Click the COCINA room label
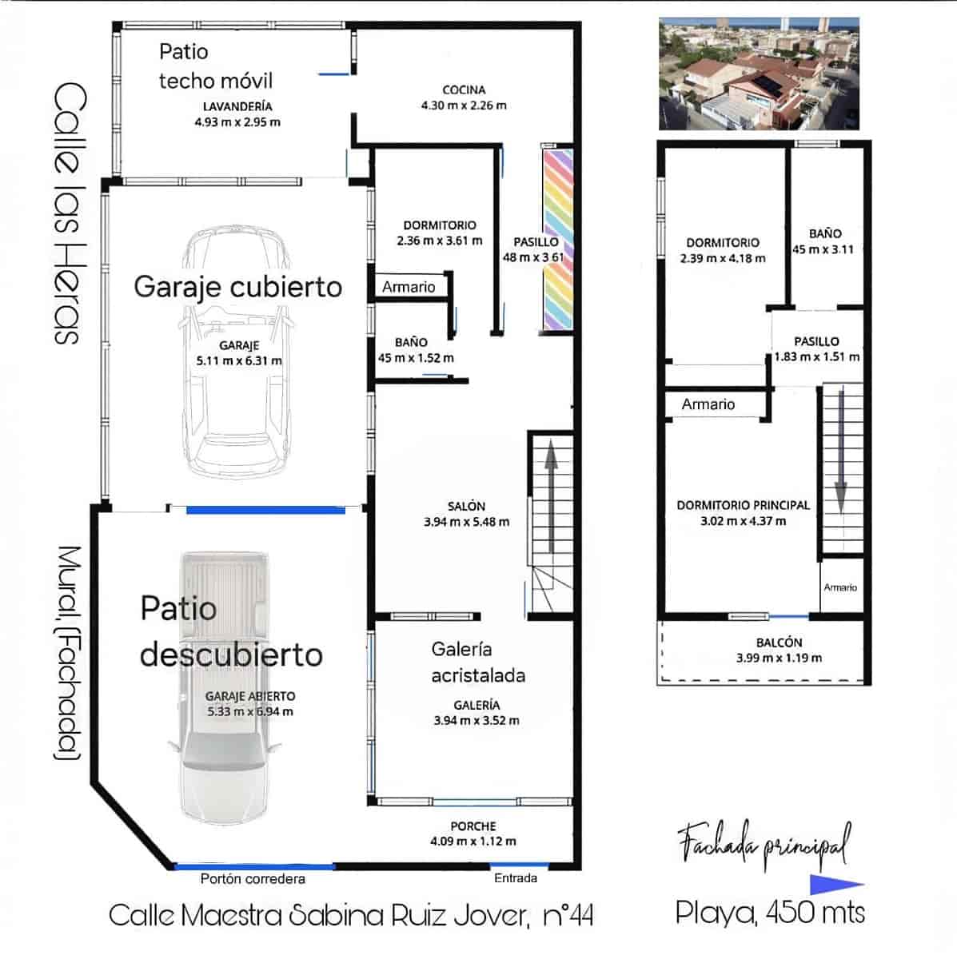click(464, 90)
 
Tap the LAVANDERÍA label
click(237, 106)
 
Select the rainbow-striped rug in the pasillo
click(558, 240)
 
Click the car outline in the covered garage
click(235, 352)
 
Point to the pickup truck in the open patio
click(225, 687)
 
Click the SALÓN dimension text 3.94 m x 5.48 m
click(466, 522)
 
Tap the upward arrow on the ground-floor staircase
click(551, 499)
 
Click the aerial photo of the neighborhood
click(759, 74)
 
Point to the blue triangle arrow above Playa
click(835, 884)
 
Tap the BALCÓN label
click(779, 643)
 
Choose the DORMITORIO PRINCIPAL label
click(743, 505)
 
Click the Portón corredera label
click(253, 879)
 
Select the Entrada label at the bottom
click(516, 877)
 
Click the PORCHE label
click(473, 826)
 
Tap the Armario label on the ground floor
click(409, 287)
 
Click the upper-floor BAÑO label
click(825, 234)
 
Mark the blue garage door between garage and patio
click(265, 509)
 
